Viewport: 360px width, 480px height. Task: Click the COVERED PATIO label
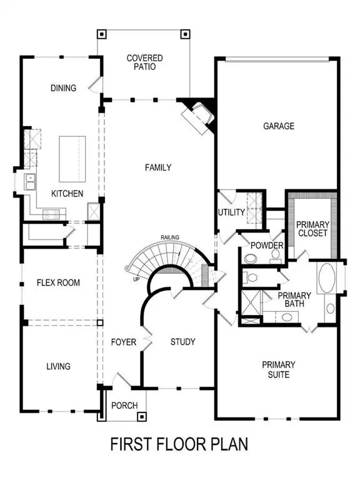pyautogui.click(x=144, y=62)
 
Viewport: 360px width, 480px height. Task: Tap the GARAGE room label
pyautogui.click(x=278, y=126)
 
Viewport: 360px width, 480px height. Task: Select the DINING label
pyautogui.click(x=63, y=88)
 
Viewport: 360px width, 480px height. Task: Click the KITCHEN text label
pyautogui.click(x=67, y=194)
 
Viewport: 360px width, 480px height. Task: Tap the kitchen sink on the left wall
pyautogui.click(x=29, y=182)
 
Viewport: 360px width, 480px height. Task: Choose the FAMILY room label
pyautogui.click(x=157, y=167)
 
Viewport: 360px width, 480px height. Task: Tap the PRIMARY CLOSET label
pyautogui.click(x=312, y=229)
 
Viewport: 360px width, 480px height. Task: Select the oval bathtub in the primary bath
pyautogui.click(x=327, y=278)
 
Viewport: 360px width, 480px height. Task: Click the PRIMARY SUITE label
pyautogui.click(x=278, y=369)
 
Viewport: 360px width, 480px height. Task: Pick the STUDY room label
pyautogui.click(x=183, y=342)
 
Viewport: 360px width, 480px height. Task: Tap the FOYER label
pyautogui.click(x=124, y=342)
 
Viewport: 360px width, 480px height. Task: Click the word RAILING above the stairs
pyautogui.click(x=169, y=237)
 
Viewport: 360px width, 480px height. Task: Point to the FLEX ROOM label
pyautogui.click(x=58, y=282)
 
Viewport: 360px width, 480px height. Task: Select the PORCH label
pyautogui.click(x=124, y=406)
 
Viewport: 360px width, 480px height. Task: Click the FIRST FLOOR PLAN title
pyautogui.click(x=179, y=444)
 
